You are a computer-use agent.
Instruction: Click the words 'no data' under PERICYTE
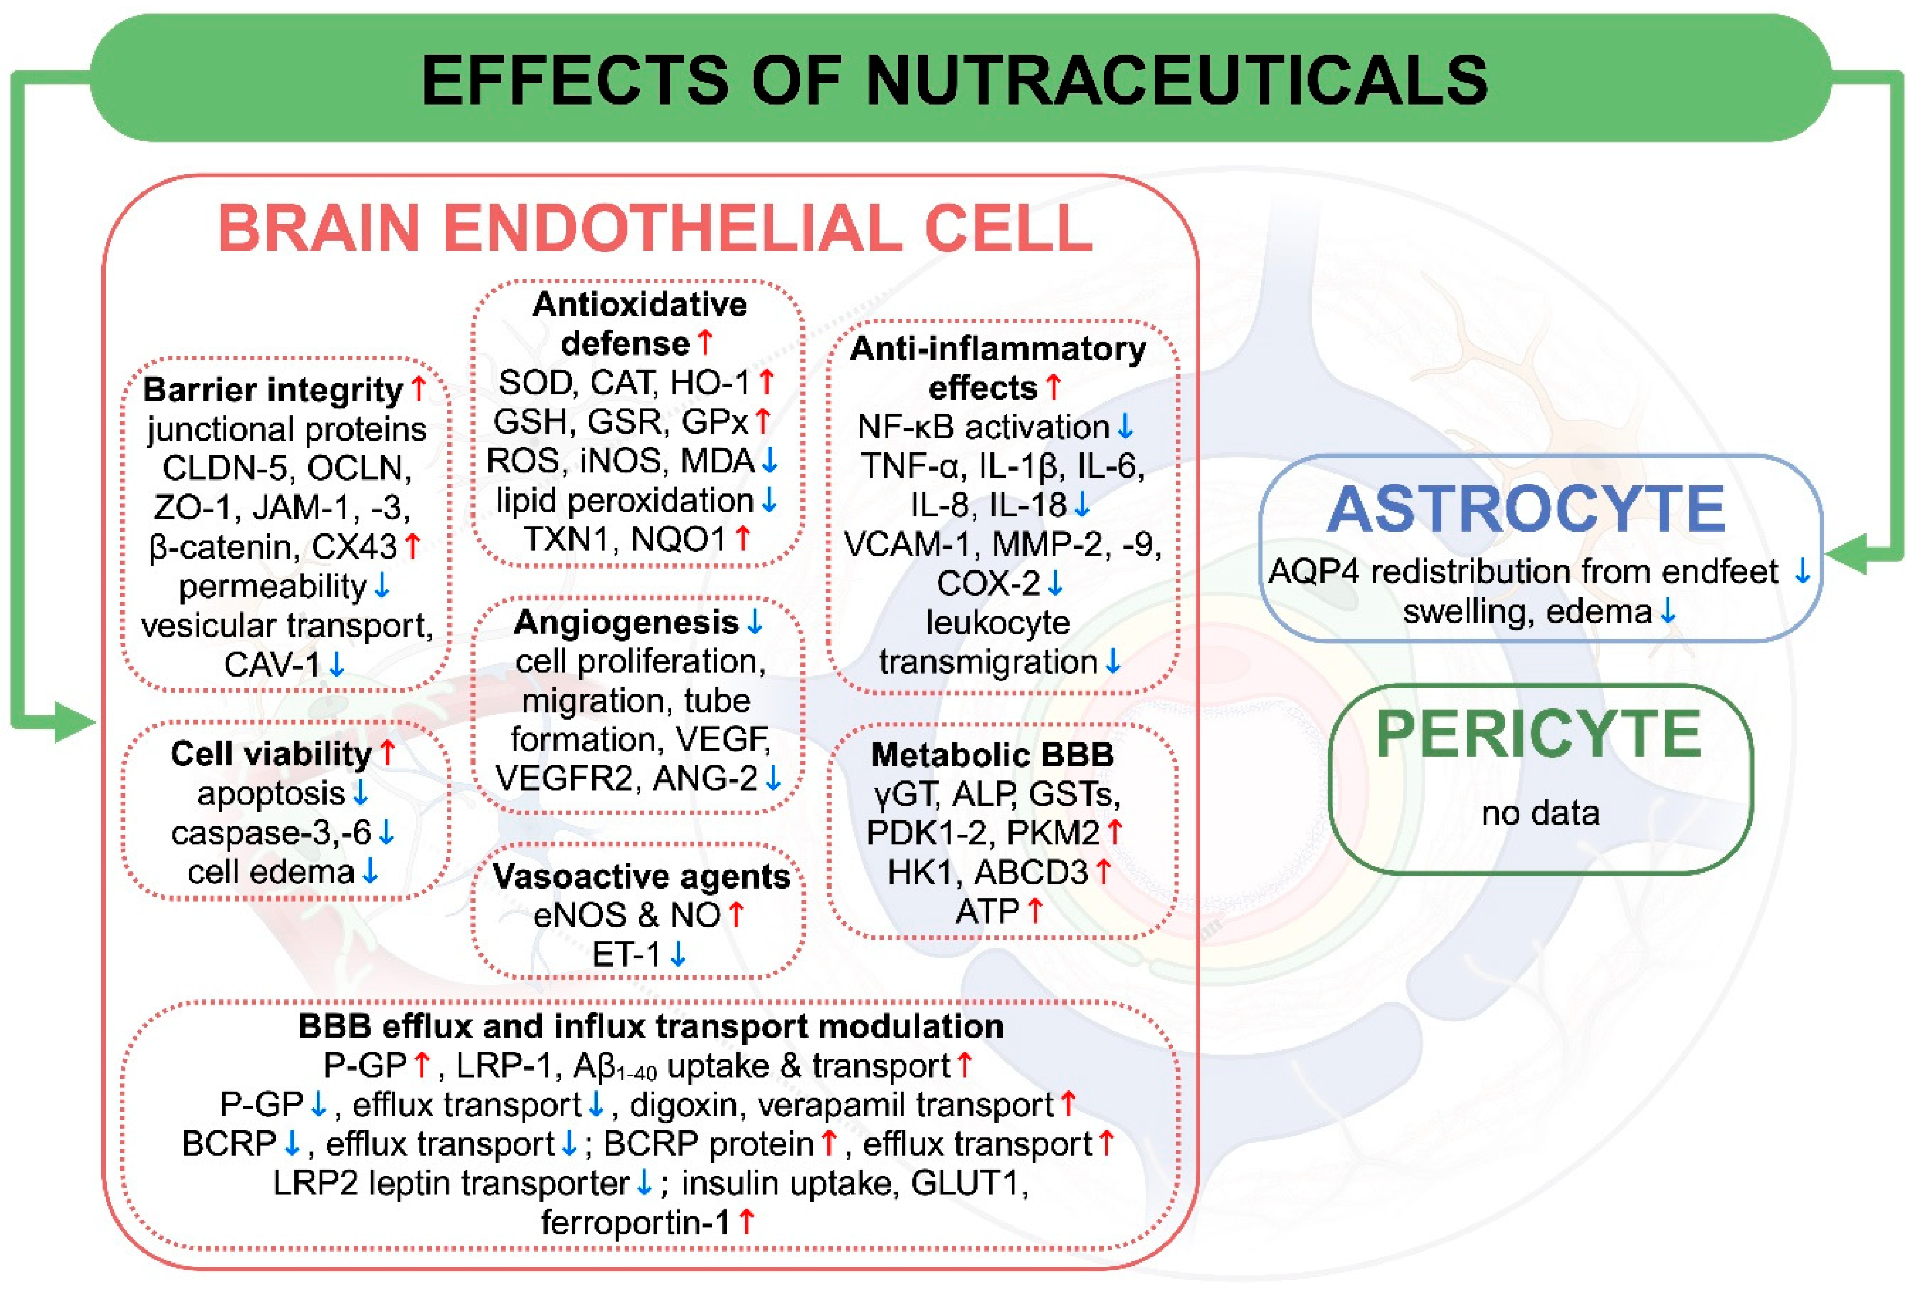pos(1540,813)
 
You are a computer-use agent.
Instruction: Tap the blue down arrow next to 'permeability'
pos(381,586)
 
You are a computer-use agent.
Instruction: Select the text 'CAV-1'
pos(271,664)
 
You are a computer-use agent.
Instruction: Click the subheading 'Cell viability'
pos(271,753)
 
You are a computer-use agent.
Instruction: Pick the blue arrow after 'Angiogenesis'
pos(754,622)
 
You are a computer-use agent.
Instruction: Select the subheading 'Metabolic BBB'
pos(992,754)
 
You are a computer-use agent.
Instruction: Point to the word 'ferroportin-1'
pos(636,1222)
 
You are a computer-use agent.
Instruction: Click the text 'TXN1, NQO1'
pos(625,539)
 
